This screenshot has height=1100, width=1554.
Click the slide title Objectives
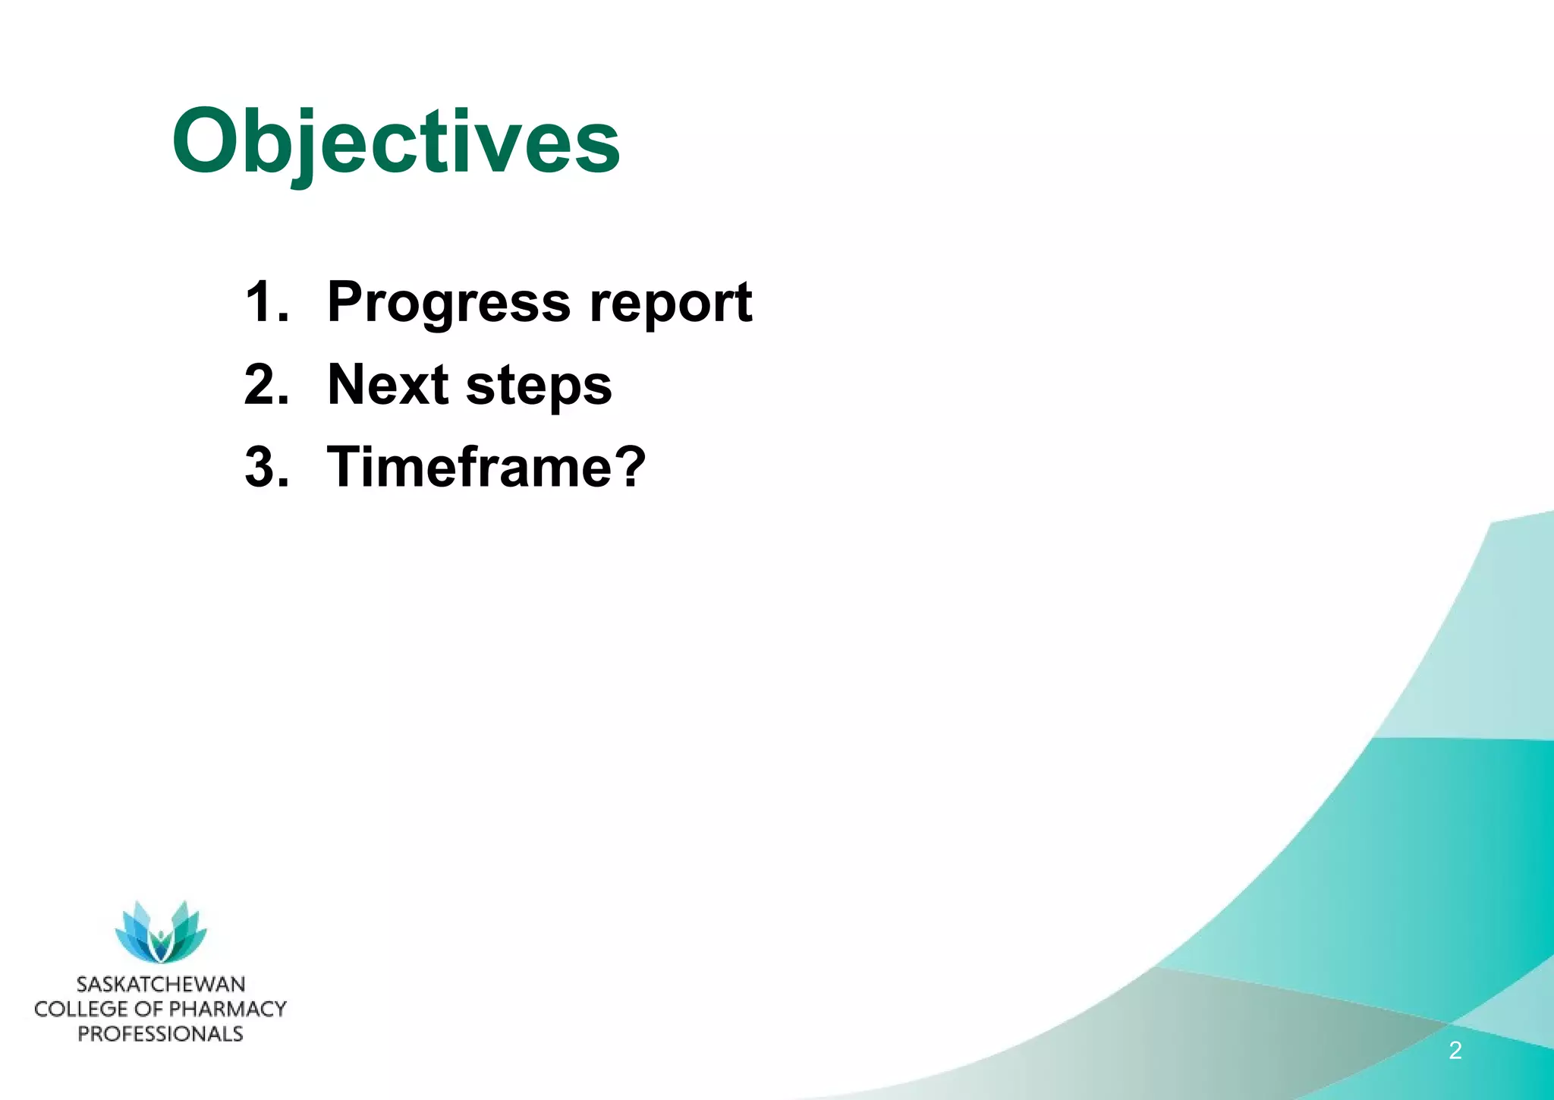click(396, 143)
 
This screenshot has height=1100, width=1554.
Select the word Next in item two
click(387, 384)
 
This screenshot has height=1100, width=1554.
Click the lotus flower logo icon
click(161, 932)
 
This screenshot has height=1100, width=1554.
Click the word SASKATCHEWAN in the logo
click(161, 985)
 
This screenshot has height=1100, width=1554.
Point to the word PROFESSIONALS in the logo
click(161, 1034)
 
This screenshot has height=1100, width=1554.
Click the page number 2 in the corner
click(1455, 1051)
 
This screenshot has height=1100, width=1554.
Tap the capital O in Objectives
click(206, 143)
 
